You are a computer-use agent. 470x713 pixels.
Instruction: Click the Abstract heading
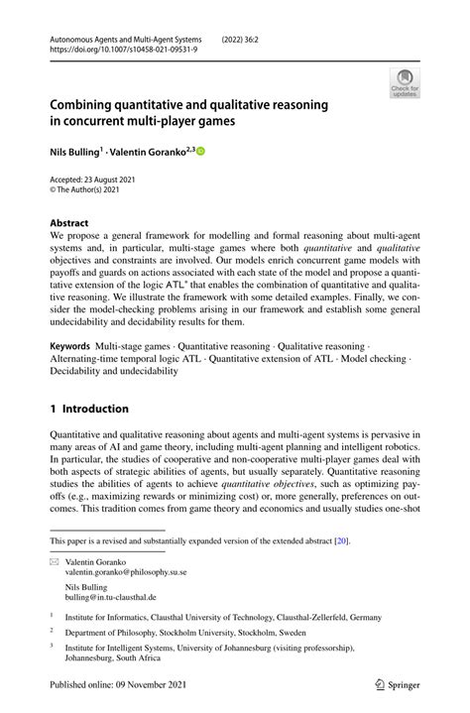[x=69, y=223]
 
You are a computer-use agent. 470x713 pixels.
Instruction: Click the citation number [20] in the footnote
[x=340, y=540]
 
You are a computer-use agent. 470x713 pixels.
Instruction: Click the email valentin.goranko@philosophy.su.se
[x=126, y=572]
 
